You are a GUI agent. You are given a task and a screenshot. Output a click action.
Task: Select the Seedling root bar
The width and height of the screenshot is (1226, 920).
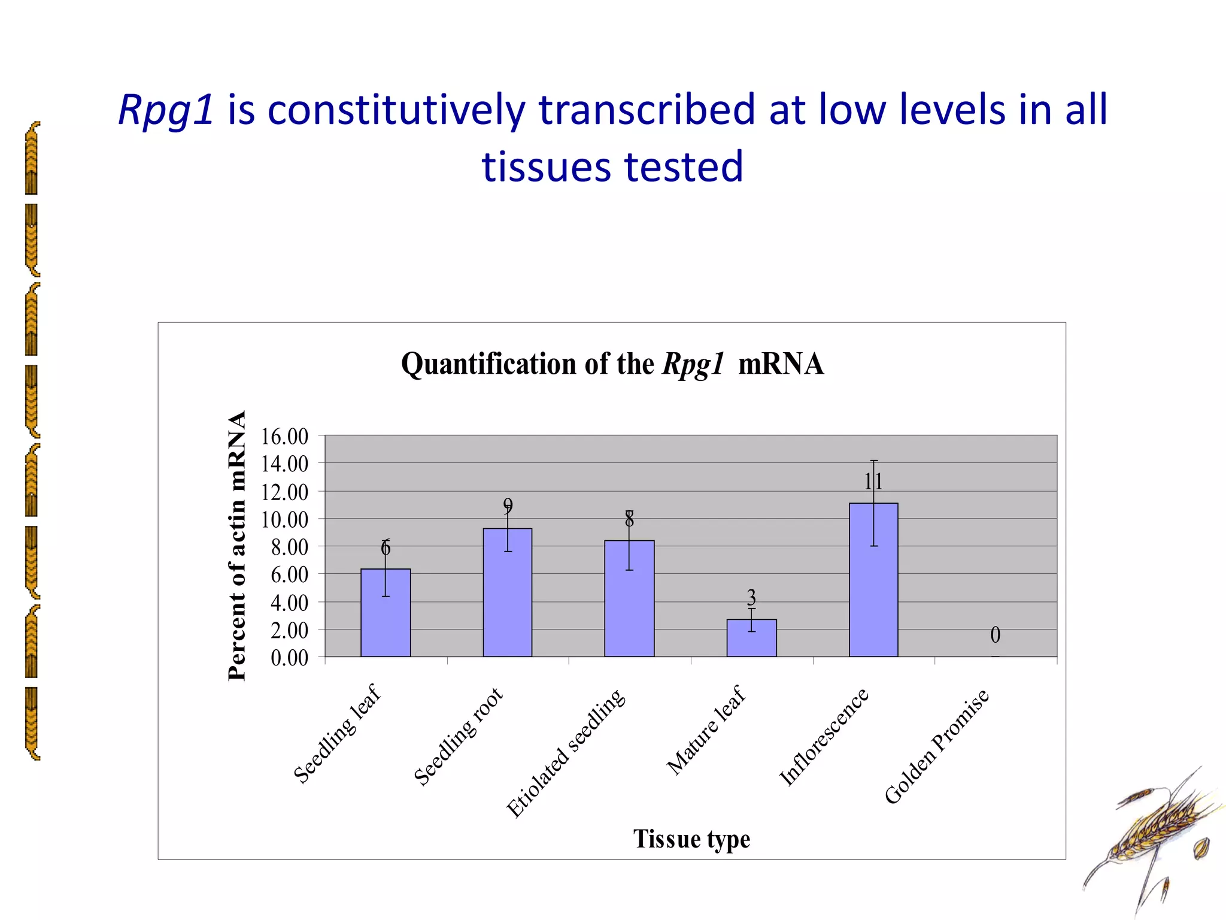click(x=507, y=592)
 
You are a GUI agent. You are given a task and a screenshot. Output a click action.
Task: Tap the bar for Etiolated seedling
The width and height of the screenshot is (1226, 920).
click(x=629, y=598)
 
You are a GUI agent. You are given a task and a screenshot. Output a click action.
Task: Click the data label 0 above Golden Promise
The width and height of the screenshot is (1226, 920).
click(x=995, y=635)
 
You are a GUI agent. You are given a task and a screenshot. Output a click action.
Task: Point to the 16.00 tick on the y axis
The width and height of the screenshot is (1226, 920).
click(x=284, y=437)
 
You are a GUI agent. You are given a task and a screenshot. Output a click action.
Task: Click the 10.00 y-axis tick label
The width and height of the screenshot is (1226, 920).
click(x=284, y=520)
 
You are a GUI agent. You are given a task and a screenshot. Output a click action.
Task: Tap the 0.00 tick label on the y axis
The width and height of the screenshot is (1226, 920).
click(x=289, y=658)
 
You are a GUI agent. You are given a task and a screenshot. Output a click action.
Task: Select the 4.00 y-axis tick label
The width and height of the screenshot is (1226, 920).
click(x=289, y=603)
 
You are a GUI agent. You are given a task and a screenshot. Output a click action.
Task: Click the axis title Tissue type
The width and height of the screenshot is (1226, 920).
click(x=691, y=839)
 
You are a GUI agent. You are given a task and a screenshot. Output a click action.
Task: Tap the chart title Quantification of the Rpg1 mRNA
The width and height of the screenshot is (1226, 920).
click(x=612, y=364)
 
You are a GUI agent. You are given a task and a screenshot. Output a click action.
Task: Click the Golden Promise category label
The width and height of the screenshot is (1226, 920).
click(x=937, y=746)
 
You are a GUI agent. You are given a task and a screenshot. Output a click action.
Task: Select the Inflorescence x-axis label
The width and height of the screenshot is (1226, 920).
click(x=824, y=736)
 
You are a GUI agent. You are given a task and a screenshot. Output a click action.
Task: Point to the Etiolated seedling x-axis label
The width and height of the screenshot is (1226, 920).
click(x=566, y=753)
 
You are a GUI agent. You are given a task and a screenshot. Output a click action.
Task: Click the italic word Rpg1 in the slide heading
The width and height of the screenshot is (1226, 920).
click(x=166, y=110)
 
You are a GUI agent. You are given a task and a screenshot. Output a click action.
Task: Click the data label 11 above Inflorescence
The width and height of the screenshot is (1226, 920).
click(x=873, y=481)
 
